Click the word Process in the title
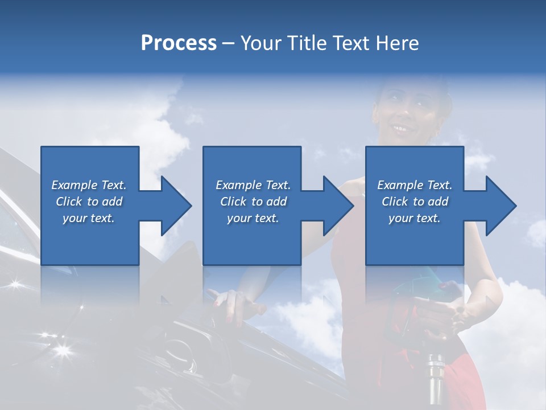(179, 43)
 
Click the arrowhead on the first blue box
(173, 206)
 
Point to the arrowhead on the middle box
(336, 206)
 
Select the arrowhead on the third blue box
(499, 206)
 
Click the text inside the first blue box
(89, 202)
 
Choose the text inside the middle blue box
(253, 202)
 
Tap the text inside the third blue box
(414, 202)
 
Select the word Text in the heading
(351, 43)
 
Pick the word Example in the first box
(75, 185)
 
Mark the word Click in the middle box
(233, 202)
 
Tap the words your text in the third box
(414, 218)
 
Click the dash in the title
(229, 43)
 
